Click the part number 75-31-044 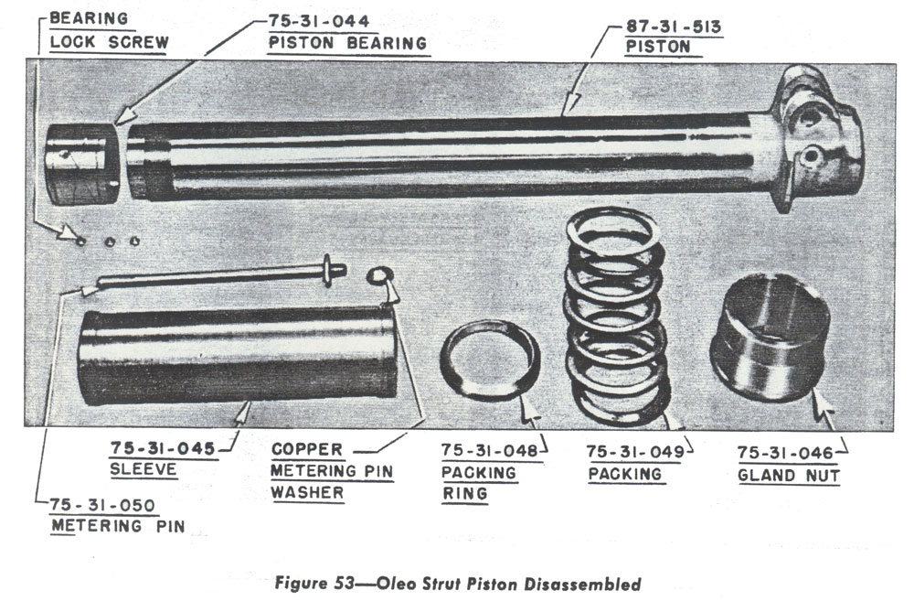318,22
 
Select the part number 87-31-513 674,27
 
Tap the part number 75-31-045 163,449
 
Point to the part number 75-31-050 102,505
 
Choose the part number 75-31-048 489,450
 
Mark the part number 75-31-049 635,452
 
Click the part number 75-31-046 785,453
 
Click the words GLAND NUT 789,476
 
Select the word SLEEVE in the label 143,469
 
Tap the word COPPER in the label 307,450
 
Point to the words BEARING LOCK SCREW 109,30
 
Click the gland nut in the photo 770,338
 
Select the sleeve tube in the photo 238,356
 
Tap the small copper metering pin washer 379,275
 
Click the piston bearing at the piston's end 82,164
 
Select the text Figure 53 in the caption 314,583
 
